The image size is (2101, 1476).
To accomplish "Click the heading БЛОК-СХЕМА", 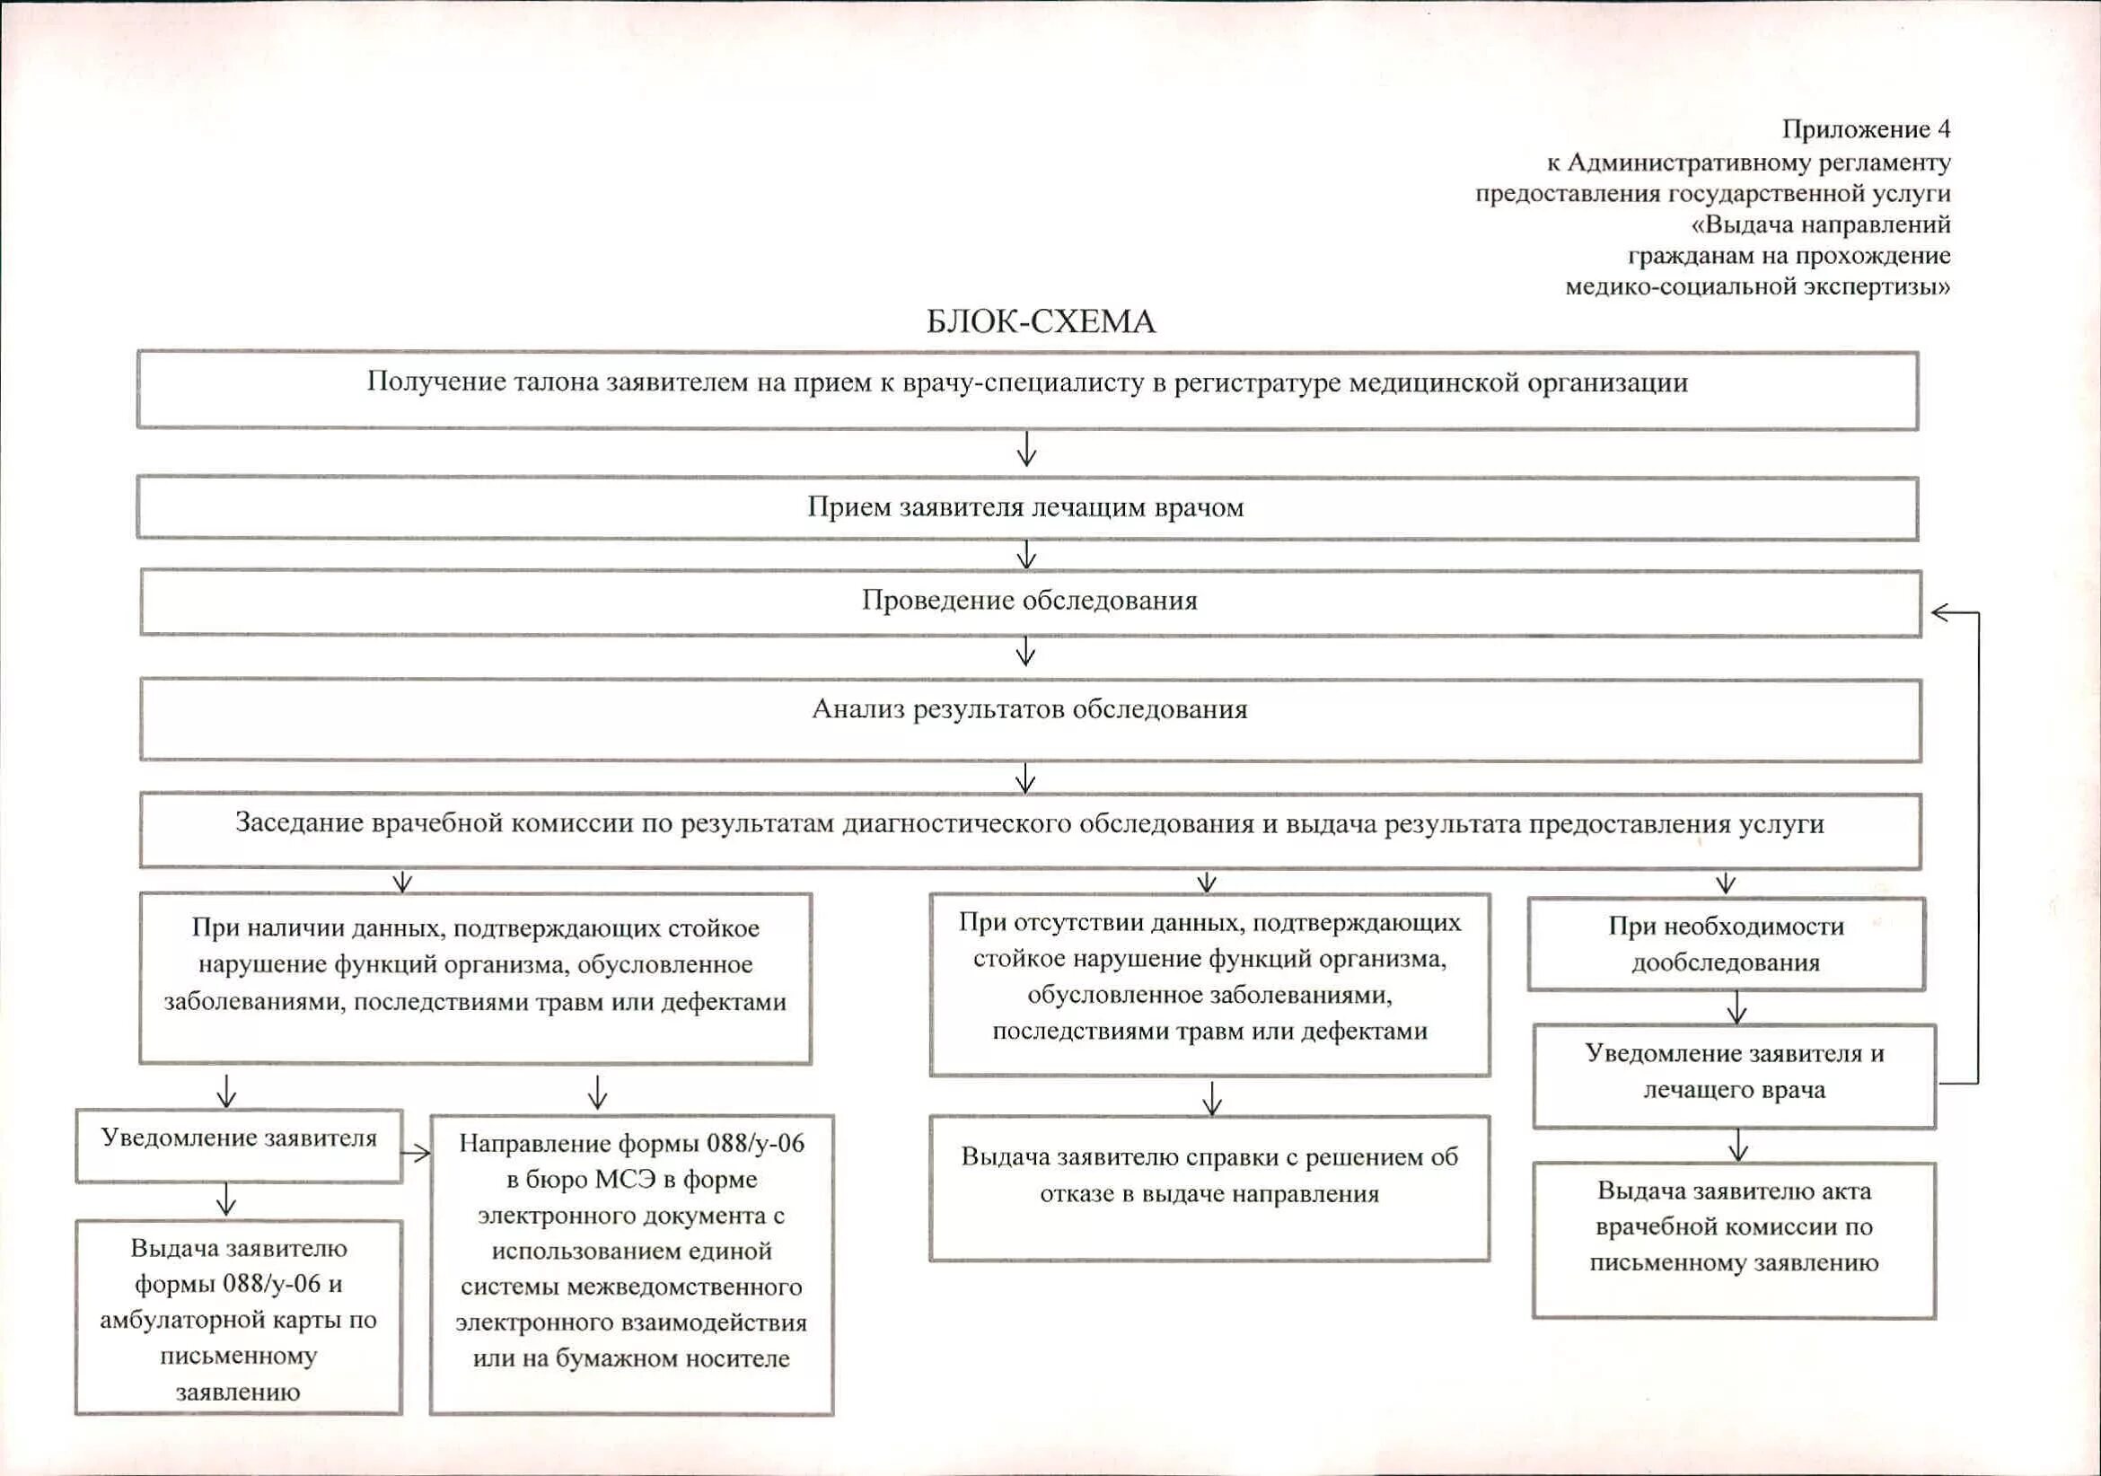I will pos(1041,322).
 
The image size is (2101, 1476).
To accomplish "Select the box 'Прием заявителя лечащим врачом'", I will pos(1025,508).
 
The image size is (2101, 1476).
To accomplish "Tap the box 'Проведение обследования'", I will pos(1030,602).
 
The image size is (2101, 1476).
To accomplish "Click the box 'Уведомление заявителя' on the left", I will pos(238,1145).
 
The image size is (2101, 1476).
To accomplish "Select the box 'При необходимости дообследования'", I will pos(1726,944).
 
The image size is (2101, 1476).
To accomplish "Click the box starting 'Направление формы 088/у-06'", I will pos(631,1263).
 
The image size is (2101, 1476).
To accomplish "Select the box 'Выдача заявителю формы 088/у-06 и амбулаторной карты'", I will pos(238,1317).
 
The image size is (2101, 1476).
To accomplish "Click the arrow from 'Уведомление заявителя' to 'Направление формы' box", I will pos(417,1153).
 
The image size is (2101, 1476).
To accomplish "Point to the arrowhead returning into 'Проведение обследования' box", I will pos(1940,612).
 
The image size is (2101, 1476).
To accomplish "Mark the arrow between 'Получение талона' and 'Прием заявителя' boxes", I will pos(1027,450).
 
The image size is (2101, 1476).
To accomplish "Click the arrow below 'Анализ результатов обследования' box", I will pos(1025,778).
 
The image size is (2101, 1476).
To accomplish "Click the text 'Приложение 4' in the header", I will pos(1866,130).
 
